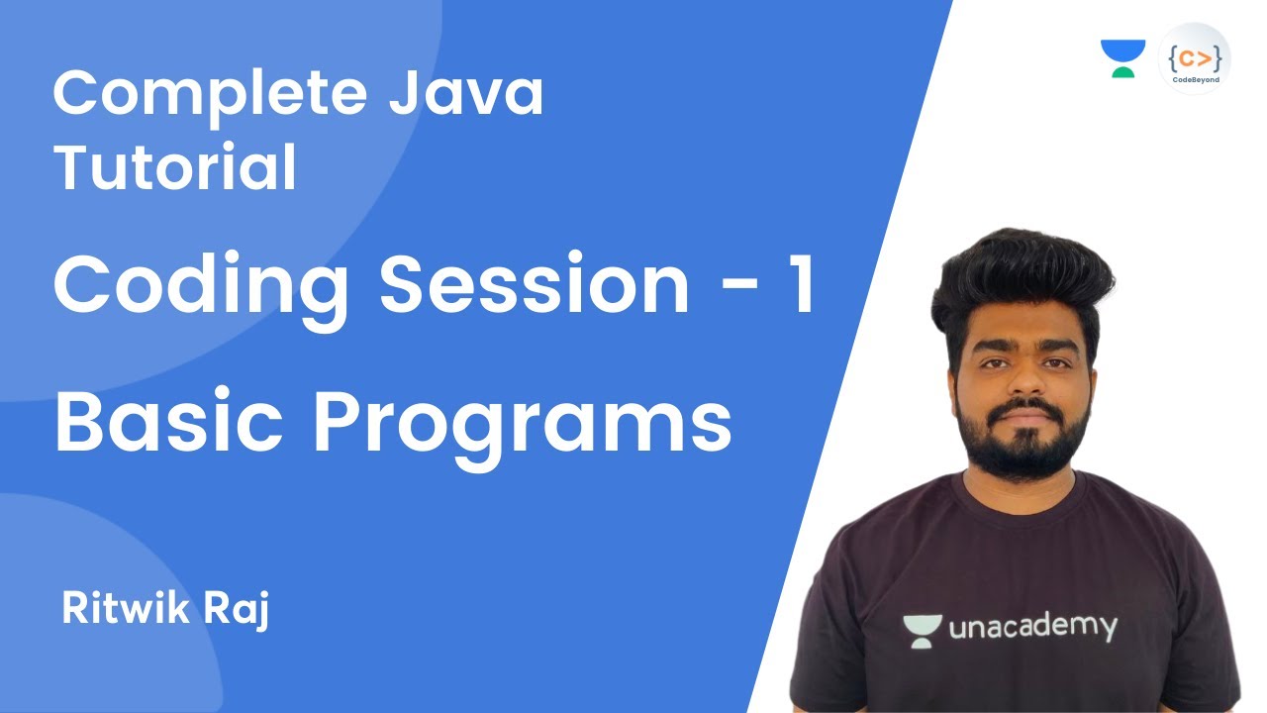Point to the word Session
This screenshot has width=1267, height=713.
click(535, 284)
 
